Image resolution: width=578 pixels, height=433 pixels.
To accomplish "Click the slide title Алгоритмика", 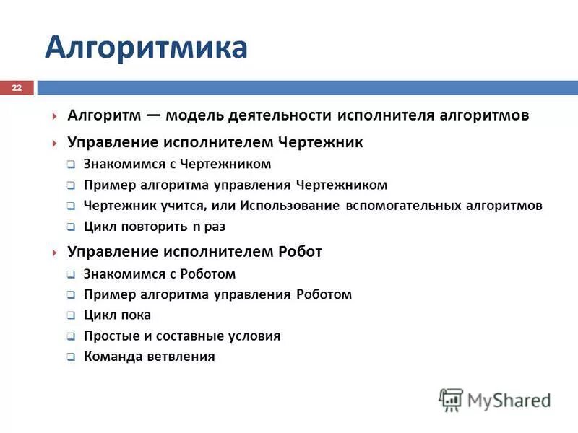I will [146, 48].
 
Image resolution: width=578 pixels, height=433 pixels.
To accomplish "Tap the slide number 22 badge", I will [17, 87].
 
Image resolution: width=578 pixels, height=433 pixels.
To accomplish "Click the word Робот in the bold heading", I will [300, 252].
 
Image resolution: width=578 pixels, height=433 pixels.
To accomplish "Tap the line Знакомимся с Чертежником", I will [177, 164].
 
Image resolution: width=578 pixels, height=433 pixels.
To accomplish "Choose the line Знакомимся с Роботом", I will [160, 274].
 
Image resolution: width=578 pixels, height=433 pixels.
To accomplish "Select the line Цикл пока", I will [117, 315].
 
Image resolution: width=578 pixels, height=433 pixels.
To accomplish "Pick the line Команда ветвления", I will [149, 357].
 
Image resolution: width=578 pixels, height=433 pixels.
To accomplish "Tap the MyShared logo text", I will [509, 400].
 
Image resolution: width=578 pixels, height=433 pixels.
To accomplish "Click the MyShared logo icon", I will [452, 399].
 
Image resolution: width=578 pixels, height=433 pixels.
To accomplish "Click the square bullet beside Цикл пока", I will [71, 316].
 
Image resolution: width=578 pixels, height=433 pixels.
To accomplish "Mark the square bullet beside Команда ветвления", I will [71, 357].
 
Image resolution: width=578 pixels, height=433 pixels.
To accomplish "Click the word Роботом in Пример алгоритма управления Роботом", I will [323, 294].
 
